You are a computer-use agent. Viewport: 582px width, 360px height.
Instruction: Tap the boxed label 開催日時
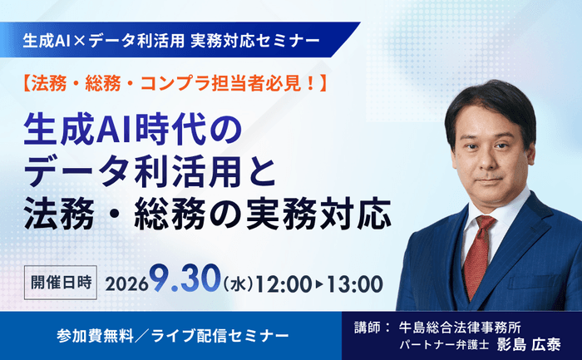(61, 283)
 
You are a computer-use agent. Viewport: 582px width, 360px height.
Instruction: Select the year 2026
(127, 284)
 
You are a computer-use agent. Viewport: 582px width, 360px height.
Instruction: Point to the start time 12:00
(284, 284)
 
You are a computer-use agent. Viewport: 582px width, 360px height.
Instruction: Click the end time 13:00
(354, 284)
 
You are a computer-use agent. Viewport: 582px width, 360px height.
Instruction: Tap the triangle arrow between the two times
(319, 284)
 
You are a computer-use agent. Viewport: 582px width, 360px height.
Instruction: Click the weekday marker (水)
(239, 284)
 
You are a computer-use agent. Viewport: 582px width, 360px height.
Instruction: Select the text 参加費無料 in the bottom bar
(96, 336)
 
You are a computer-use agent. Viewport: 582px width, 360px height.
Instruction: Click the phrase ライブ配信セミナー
(219, 336)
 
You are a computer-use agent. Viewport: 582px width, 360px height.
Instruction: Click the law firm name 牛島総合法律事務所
(460, 328)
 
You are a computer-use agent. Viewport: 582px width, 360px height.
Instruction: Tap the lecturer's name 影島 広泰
(528, 344)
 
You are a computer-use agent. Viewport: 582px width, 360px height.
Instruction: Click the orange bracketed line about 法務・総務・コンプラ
(175, 84)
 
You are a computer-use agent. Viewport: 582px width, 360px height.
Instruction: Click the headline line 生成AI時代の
(132, 131)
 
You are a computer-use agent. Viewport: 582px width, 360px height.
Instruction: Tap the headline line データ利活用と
(150, 173)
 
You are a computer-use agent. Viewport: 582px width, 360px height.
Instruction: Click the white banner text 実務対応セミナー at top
(255, 41)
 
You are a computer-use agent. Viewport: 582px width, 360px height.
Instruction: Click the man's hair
(490, 102)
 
